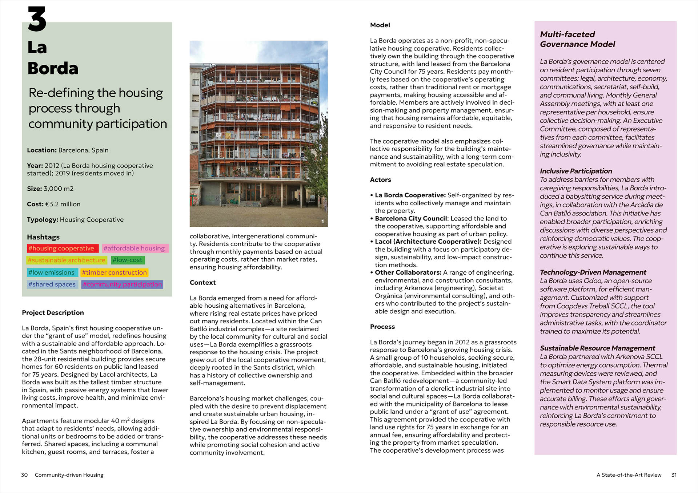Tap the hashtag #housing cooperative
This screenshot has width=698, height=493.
(62, 248)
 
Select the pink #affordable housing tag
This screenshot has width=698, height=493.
(135, 248)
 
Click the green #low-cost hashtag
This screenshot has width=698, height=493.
(128, 260)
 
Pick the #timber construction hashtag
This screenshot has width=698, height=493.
(114, 272)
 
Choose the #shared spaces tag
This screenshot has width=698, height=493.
(52, 284)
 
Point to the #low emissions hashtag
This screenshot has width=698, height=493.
(52, 272)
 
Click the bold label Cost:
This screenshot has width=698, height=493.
(35, 204)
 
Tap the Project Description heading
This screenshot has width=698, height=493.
(53, 313)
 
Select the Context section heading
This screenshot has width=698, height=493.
(202, 283)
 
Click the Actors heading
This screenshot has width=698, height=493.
(380, 180)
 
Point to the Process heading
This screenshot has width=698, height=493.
(382, 327)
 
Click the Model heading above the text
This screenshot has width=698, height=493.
(380, 25)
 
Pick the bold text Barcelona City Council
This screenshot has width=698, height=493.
(411, 219)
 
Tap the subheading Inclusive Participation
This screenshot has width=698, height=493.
(576, 171)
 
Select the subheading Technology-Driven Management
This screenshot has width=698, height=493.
(593, 272)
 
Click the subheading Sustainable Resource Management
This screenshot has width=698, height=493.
(597, 348)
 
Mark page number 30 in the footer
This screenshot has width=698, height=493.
(24, 475)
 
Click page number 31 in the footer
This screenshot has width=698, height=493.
(674, 475)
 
